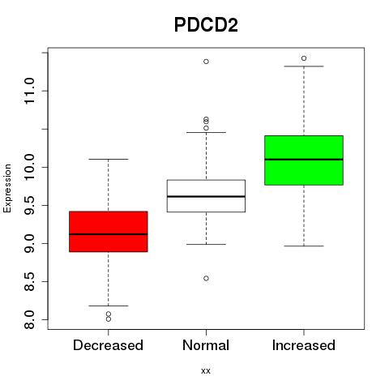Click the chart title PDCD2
pyautogui.click(x=206, y=25)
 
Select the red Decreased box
pyautogui.click(x=109, y=232)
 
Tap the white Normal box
pyautogui.click(x=206, y=196)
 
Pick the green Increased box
pyautogui.click(x=304, y=160)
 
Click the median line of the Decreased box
pyautogui.click(x=109, y=234)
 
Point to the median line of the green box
pyautogui.click(x=304, y=160)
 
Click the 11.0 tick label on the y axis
pyautogui.click(x=29, y=91)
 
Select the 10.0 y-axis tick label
pyautogui.click(x=29, y=167)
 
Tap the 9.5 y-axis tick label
pyautogui.click(x=29, y=205)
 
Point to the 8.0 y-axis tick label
pyautogui.click(x=29, y=319)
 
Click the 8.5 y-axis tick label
pyautogui.click(x=29, y=281)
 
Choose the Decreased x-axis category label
pyautogui.click(x=108, y=345)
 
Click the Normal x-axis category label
pyautogui.click(x=206, y=345)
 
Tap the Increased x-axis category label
pyautogui.click(x=304, y=345)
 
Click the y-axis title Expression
pyautogui.click(x=7, y=188)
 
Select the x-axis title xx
pyautogui.click(x=206, y=371)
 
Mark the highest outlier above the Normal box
pyautogui.click(x=206, y=62)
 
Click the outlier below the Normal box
pyautogui.click(x=206, y=278)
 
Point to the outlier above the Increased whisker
pyautogui.click(x=304, y=58)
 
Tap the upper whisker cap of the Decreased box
pyautogui.click(x=109, y=159)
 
